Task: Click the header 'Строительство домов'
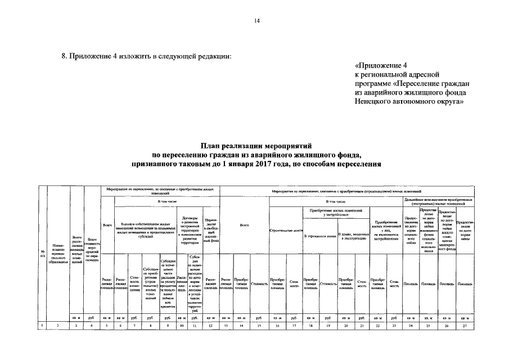point(287,231)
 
